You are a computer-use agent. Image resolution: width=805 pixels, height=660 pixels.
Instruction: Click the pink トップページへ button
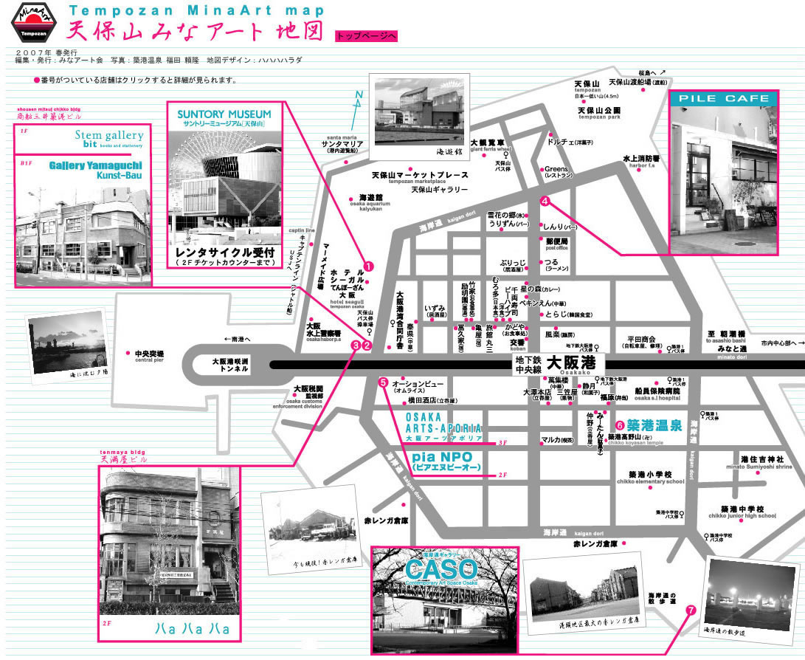point(367,35)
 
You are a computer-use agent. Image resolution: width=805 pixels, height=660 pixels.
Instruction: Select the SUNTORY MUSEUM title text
point(224,114)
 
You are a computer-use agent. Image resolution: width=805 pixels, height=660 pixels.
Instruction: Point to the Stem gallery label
point(108,136)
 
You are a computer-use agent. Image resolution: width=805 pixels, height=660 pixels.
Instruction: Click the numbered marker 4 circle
point(545,201)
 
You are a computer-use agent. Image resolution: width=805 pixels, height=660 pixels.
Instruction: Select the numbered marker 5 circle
point(383,382)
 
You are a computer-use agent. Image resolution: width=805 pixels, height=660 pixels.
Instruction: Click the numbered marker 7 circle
point(691,611)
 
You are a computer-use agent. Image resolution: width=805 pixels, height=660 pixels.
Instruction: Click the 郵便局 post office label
point(556,241)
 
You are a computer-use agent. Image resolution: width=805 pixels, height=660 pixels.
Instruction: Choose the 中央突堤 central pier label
point(149,354)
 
